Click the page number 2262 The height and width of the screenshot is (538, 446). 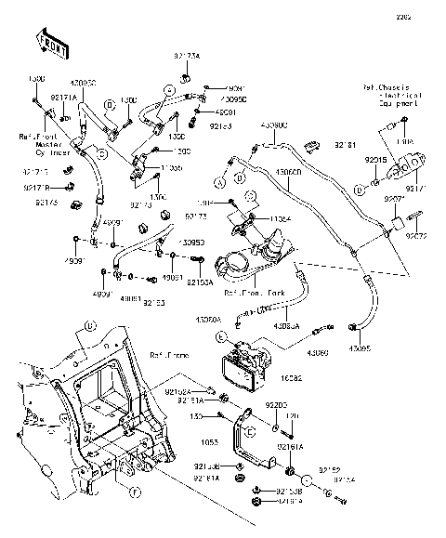[429, 17]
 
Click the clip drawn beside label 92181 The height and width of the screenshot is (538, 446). [316, 144]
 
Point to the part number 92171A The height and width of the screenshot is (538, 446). [63, 98]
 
